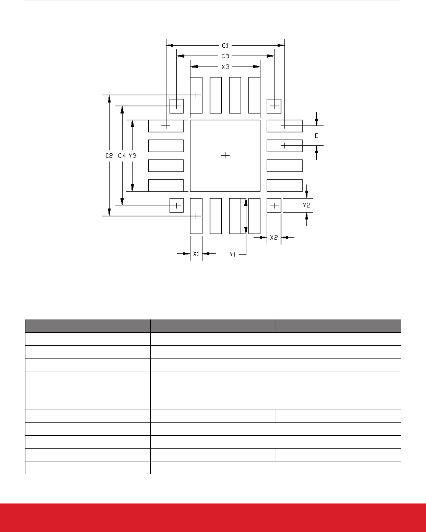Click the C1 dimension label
(x=225, y=46)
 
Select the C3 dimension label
(x=225, y=56)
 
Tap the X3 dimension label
(x=225, y=67)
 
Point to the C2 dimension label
(x=109, y=155)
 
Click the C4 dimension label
(x=122, y=155)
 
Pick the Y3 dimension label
(x=133, y=155)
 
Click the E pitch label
(x=316, y=136)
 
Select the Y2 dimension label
(x=306, y=205)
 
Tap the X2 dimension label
(x=274, y=237)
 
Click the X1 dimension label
(x=196, y=253)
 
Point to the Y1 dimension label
(x=233, y=255)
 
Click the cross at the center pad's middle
(x=225, y=155)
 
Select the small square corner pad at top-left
(x=176, y=106)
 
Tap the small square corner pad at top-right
(x=274, y=106)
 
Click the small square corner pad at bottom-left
(x=176, y=205)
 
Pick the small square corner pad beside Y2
(x=274, y=205)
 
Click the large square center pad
(x=225, y=156)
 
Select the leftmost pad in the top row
(x=196, y=95)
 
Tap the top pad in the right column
(x=285, y=126)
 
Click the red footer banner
(x=213, y=518)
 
